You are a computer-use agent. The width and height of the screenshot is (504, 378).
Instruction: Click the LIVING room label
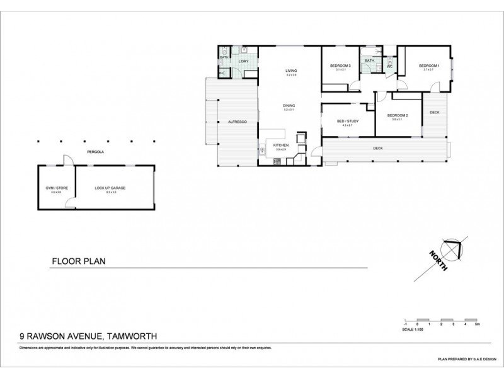click(x=290, y=71)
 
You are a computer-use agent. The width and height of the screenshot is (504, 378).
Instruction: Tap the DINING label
click(x=289, y=105)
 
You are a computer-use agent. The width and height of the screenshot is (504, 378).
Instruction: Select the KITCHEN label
click(x=281, y=145)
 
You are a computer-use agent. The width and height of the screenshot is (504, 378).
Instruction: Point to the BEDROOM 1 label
click(x=429, y=66)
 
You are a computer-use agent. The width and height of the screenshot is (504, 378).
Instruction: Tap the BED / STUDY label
click(x=348, y=121)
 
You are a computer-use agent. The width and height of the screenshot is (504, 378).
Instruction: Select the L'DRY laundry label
click(x=244, y=60)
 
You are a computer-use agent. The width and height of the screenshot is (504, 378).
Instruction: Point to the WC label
click(x=389, y=66)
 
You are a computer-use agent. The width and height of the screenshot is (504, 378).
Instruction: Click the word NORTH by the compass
click(x=438, y=261)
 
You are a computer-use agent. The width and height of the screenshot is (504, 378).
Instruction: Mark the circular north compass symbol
click(x=452, y=248)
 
